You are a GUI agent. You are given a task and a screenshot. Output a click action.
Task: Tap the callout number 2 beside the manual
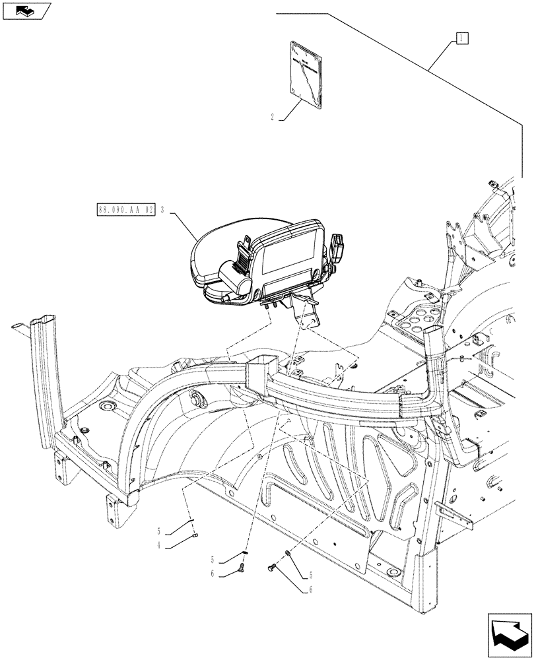pyautogui.click(x=273, y=119)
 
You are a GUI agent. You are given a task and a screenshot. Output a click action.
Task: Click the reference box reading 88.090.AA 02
pyautogui.click(x=125, y=211)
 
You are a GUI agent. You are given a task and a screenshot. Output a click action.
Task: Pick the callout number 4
pyautogui.click(x=159, y=545)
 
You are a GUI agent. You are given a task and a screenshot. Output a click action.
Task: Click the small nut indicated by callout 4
pyautogui.click(x=196, y=536)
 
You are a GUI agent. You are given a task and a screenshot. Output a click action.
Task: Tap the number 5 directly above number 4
pyautogui.click(x=159, y=532)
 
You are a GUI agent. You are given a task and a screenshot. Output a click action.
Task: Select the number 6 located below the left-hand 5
pyautogui.click(x=213, y=574)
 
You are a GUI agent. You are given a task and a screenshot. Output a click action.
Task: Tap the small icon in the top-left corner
pyautogui.click(x=24, y=11)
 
